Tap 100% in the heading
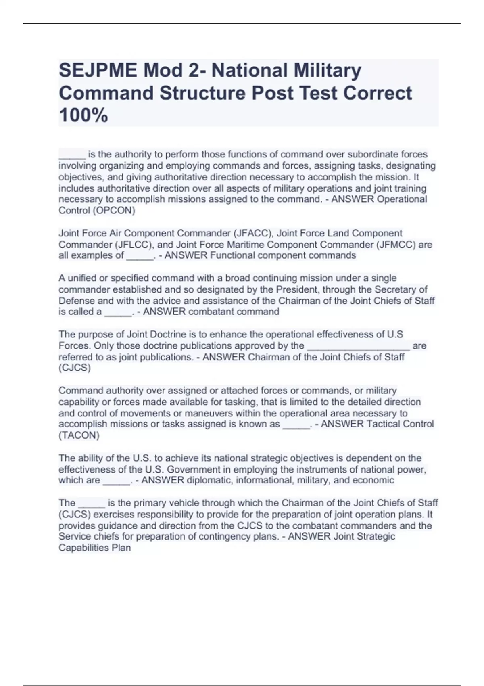83,115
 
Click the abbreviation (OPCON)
117,211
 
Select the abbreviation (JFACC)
252,233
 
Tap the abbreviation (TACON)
79,435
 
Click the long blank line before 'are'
359,346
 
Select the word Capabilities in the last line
83,548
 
